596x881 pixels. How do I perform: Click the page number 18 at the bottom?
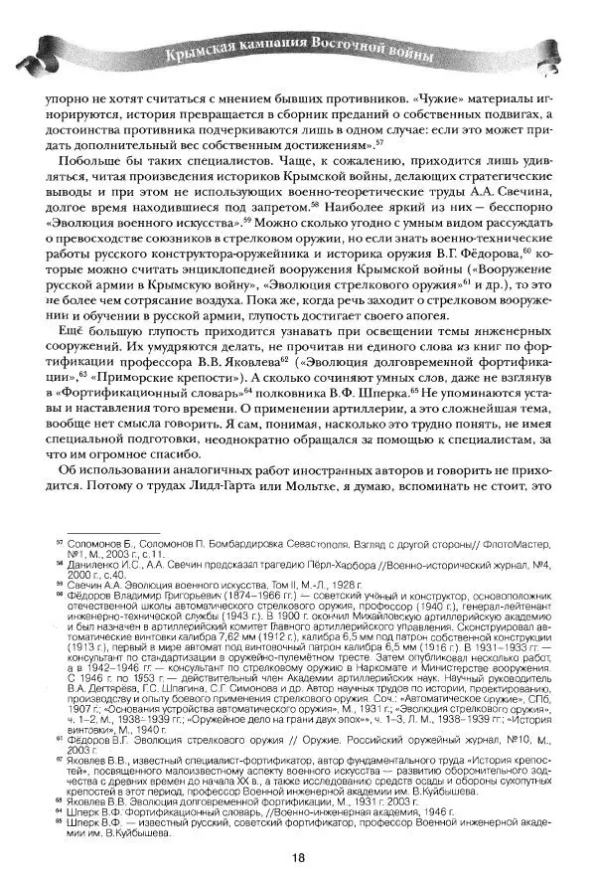click(297, 861)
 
